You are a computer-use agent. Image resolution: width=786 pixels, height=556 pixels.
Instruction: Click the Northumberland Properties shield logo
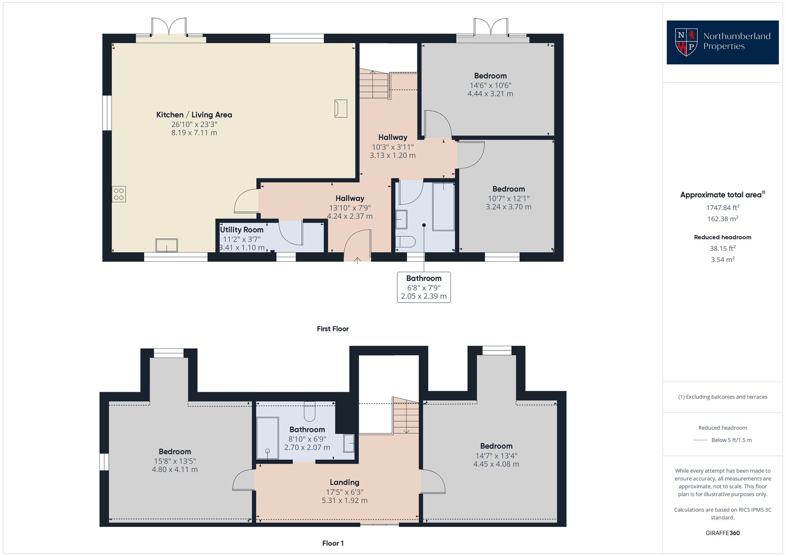686,42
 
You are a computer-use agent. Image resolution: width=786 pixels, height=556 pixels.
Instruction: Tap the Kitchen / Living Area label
194,115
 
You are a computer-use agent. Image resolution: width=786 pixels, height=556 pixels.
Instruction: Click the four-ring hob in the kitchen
119,194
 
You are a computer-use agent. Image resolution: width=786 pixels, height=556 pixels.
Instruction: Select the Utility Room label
242,230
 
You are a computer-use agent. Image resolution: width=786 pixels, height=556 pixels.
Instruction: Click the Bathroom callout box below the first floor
424,287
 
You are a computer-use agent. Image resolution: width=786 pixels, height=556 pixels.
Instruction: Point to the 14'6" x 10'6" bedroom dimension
490,85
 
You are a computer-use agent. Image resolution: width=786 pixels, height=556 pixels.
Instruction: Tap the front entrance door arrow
358,259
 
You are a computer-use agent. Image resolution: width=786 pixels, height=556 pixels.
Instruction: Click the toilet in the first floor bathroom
405,242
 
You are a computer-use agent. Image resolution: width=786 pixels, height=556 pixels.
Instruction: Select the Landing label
344,482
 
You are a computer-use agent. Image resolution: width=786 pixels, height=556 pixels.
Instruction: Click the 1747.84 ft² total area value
722,207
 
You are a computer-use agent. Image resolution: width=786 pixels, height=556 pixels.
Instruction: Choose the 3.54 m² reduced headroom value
722,259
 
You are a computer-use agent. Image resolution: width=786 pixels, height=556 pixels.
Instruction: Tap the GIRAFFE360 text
722,533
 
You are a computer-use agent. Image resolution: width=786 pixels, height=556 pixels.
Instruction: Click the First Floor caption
332,329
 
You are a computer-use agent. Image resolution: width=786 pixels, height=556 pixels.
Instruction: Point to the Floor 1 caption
332,543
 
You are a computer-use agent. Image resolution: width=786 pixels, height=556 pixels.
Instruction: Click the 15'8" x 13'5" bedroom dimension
174,461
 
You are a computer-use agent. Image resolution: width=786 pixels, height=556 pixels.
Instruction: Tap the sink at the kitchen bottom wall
167,246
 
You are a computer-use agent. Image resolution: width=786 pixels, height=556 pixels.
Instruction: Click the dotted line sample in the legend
700,440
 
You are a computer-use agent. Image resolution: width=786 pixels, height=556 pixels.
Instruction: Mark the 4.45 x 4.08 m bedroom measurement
496,464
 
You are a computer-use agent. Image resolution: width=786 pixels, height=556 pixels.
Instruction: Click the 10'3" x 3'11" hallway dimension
393,147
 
